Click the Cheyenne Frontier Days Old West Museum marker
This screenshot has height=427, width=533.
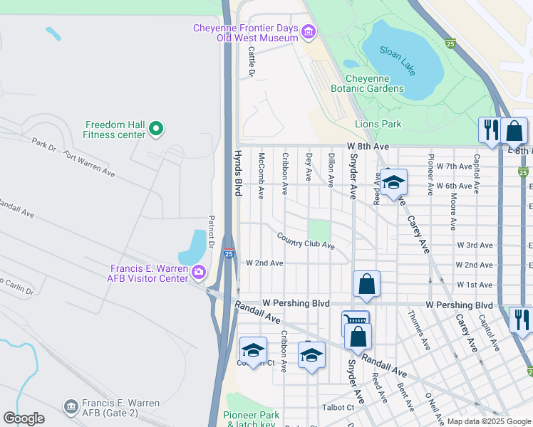pos(308,31)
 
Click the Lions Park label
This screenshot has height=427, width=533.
pos(378,124)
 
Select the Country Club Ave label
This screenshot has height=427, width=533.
pos(305,241)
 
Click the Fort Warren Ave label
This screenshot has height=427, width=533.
pos(88,162)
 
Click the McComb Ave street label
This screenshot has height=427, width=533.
pos(262,174)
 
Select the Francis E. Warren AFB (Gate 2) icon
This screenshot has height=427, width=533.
pos(71,406)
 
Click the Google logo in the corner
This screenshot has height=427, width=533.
pos(24,418)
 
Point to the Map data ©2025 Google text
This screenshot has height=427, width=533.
pos(489,421)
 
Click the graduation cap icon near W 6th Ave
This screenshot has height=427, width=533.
pos(393,184)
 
